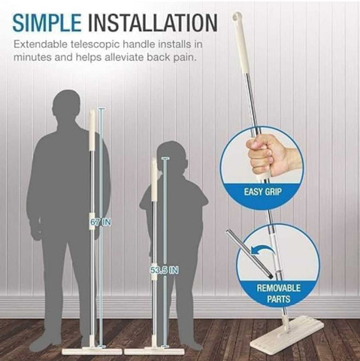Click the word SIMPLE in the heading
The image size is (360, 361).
[x=47, y=23]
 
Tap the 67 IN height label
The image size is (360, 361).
[x=101, y=222]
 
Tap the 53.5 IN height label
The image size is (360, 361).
[x=165, y=270]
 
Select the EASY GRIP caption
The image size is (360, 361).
[x=263, y=192]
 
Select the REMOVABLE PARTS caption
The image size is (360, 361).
[x=278, y=293]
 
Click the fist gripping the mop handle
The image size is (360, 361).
[x=268, y=155]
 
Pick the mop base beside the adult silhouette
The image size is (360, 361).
[x=92, y=351]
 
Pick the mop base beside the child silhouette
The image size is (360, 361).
[x=154, y=351]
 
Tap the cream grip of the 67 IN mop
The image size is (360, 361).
[x=92, y=130]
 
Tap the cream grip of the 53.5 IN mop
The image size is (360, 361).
[x=154, y=179]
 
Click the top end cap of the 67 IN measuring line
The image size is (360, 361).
[x=101, y=108]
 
